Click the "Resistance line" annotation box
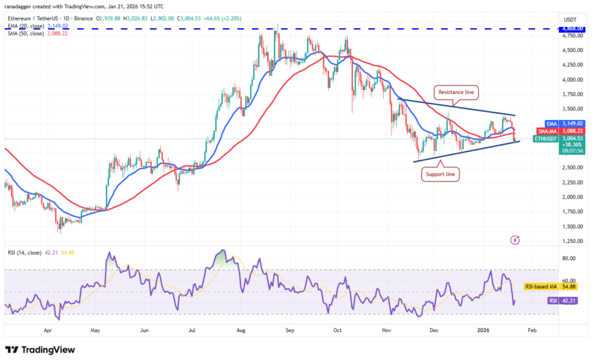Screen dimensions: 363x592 pyautogui.click(x=456, y=91)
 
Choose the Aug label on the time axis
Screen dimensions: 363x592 pyautogui.click(x=241, y=329)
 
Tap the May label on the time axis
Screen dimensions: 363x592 pyautogui.click(x=95, y=329)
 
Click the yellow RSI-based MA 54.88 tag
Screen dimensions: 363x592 pyautogui.click(x=554, y=285)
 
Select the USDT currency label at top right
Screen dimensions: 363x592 pyautogui.click(x=570, y=19)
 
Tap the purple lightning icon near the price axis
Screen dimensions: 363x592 pyautogui.click(x=515, y=240)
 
